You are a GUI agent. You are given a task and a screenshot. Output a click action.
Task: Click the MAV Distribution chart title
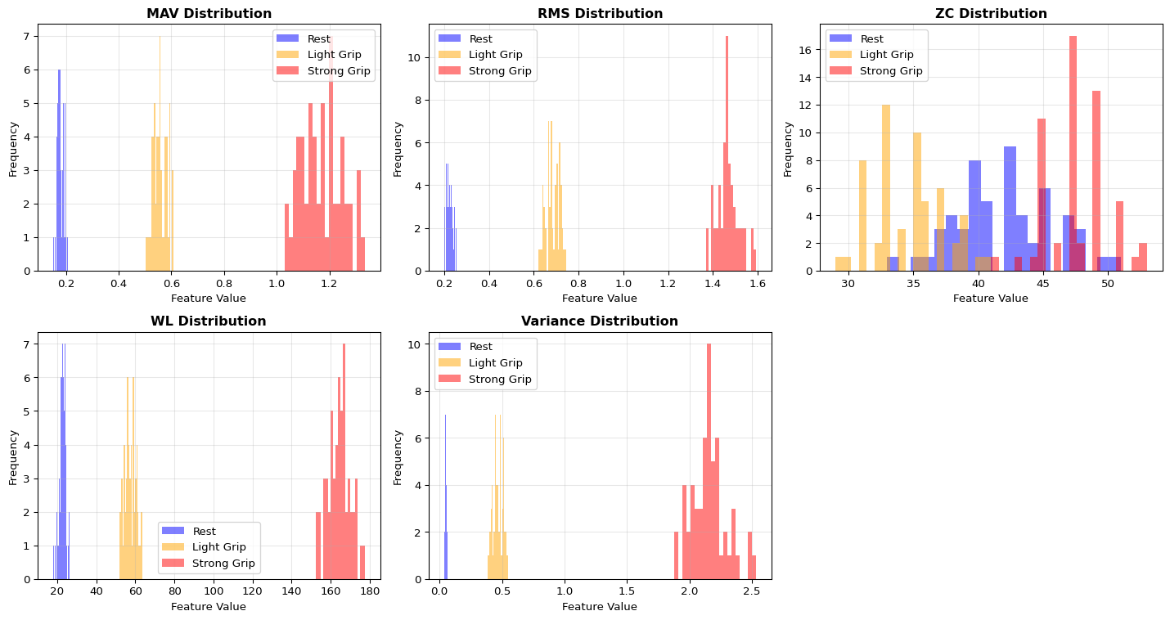(x=209, y=14)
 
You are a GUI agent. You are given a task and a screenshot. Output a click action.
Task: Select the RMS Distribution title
(x=600, y=14)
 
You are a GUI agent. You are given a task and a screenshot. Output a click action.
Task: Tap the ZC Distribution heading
(x=991, y=14)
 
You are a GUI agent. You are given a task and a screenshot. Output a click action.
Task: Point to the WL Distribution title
(x=209, y=321)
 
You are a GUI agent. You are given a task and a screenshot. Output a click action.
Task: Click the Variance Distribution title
(x=600, y=321)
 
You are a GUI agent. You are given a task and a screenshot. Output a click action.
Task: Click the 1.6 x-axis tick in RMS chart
(x=758, y=282)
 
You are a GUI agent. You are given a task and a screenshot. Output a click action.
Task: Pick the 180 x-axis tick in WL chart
(x=369, y=591)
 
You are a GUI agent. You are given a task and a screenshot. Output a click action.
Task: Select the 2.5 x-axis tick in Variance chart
(x=752, y=591)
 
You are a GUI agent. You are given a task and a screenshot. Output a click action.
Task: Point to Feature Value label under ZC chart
(x=991, y=299)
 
